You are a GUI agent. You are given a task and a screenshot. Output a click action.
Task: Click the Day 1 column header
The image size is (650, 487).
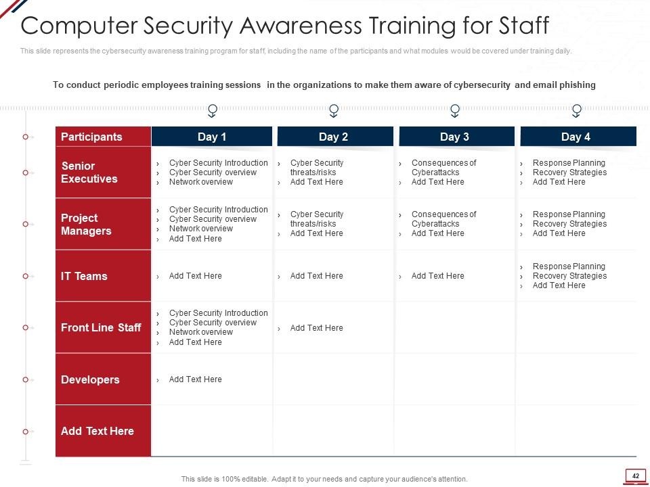point(212,137)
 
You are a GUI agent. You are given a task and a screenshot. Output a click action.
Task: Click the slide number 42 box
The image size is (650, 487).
point(636,476)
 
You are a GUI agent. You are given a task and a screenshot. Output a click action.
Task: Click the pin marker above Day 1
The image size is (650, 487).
point(212,110)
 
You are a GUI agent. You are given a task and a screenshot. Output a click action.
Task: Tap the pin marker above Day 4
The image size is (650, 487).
point(576,110)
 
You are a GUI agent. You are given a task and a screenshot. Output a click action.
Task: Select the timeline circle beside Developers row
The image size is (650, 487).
point(25,379)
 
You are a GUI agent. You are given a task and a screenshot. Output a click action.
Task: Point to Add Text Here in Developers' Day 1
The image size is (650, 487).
point(195,379)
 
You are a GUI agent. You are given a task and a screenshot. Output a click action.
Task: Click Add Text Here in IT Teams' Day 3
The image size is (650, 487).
point(438,276)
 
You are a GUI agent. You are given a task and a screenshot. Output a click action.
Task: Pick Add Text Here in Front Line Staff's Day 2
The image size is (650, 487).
point(317,328)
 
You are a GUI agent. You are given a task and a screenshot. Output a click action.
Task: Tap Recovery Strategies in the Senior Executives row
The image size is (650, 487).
point(569,172)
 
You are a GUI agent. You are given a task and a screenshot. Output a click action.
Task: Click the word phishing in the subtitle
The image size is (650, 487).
point(577,85)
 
